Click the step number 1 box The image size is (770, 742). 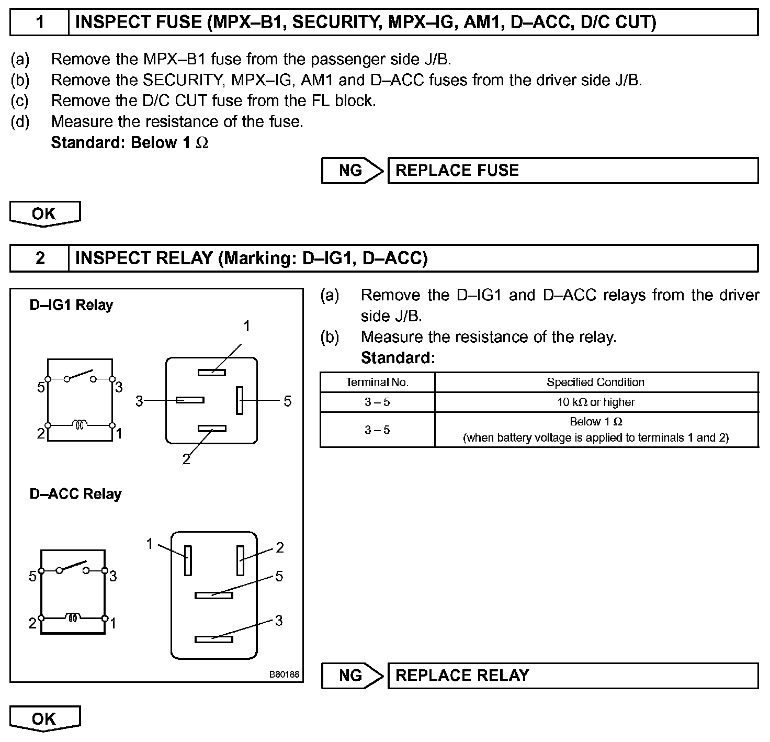[40, 22]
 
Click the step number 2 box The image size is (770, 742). [40, 258]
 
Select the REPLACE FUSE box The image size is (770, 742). [573, 171]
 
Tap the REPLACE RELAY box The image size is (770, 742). [573, 676]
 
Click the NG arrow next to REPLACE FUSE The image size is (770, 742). [352, 171]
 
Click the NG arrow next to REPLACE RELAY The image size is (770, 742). [352, 676]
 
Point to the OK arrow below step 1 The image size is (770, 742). [44, 214]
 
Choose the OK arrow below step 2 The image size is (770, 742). [44, 719]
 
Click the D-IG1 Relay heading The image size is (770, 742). [71, 305]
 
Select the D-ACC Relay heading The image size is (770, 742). [75, 494]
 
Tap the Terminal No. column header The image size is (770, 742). [377, 383]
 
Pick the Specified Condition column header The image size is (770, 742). [596, 383]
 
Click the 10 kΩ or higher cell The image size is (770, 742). [596, 402]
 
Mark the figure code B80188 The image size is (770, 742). [285, 674]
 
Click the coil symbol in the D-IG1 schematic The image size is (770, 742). [80, 425]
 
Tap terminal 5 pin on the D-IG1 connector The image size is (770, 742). [240, 400]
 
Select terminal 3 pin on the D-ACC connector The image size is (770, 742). [213, 639]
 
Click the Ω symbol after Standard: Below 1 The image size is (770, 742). [202, 143]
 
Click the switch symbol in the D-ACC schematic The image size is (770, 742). [73, 567]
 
